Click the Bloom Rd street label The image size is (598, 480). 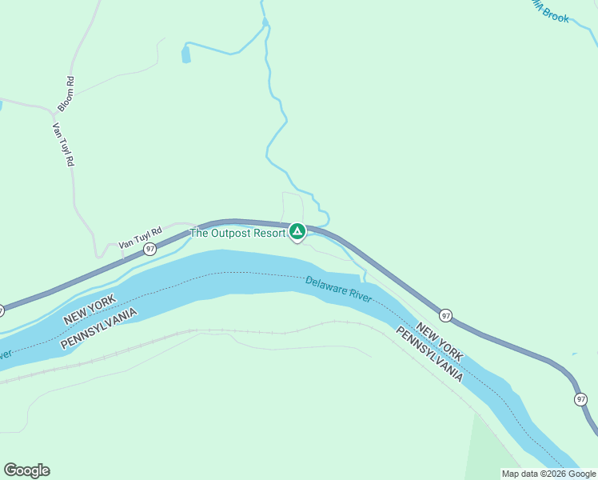click(66, 94)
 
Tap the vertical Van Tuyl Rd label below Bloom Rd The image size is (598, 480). click(63, 144)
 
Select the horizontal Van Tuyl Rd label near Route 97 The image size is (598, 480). click(140, 238)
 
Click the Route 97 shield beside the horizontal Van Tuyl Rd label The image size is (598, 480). click(149, 250)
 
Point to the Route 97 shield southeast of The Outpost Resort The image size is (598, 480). click(446, 316)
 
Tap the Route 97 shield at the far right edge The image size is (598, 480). click(580, 399)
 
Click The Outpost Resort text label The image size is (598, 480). click(237, 233)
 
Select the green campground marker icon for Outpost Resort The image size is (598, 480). click(297, 232)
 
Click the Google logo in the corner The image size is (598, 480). click(26, 470)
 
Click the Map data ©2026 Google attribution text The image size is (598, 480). click(548, 474)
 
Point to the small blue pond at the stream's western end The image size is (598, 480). click(186, 54)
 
